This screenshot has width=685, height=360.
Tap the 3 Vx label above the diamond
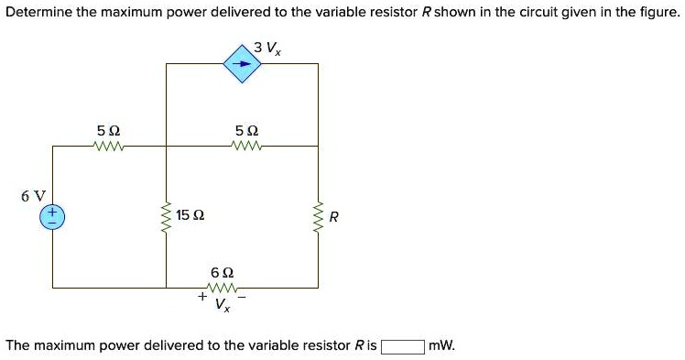pos(268,47)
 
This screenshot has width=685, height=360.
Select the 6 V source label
pos(33,195)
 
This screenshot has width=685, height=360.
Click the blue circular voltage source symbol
pos(51,216)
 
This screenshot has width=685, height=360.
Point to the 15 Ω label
pos(190,216)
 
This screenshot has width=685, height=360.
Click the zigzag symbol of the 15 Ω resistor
pos(166,217)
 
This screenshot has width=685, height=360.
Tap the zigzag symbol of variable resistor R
pos(319,217)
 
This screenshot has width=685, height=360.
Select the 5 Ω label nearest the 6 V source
pos(107,131)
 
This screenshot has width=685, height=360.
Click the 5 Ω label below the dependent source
pos(246,131)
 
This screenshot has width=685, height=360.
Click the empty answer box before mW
pos(403,346)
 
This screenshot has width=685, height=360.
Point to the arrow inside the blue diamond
pos(242,64)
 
